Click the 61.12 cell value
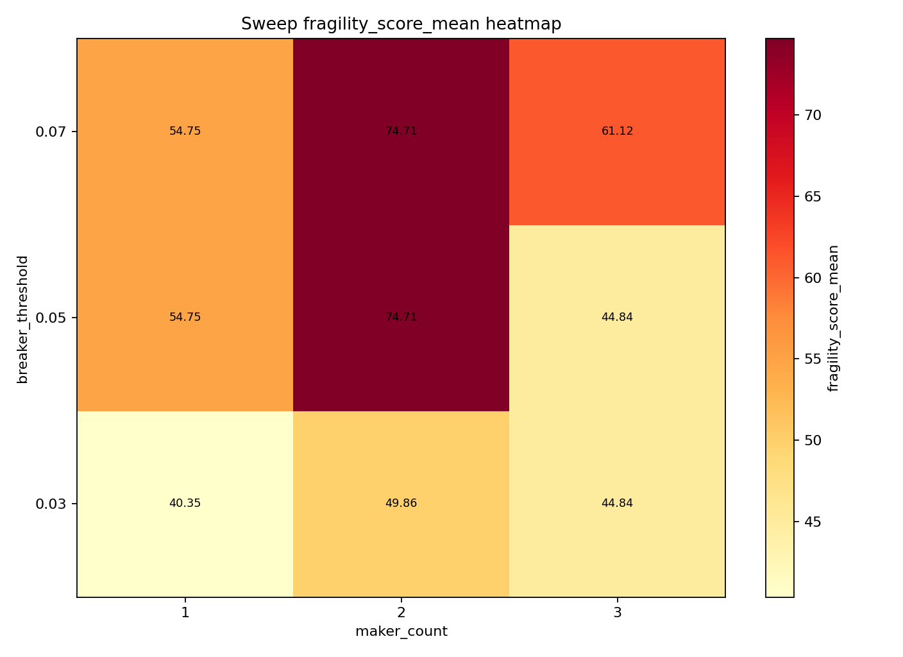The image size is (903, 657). [x=617, y=131]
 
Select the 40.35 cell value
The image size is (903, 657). [x=185, y=503]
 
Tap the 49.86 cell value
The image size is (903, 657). [x=401, y=503]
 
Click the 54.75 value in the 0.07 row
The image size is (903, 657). [x=185, y=131]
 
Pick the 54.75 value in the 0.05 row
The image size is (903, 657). [x=185, y=317]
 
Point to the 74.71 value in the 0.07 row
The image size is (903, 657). [x=401, y=131]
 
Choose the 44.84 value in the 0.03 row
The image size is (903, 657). [x=617, y=503]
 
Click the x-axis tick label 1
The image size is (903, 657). [x=185, y=613]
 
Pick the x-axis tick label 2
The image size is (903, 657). [x=401, y=613]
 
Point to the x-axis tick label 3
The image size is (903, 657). [x=617, y=613]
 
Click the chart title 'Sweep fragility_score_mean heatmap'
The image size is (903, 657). [x=401, y=24]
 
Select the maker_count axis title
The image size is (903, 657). [x=401, y=632]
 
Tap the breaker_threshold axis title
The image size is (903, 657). [x=23, y=319]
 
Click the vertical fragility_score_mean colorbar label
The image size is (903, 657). [x=833, y=318]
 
